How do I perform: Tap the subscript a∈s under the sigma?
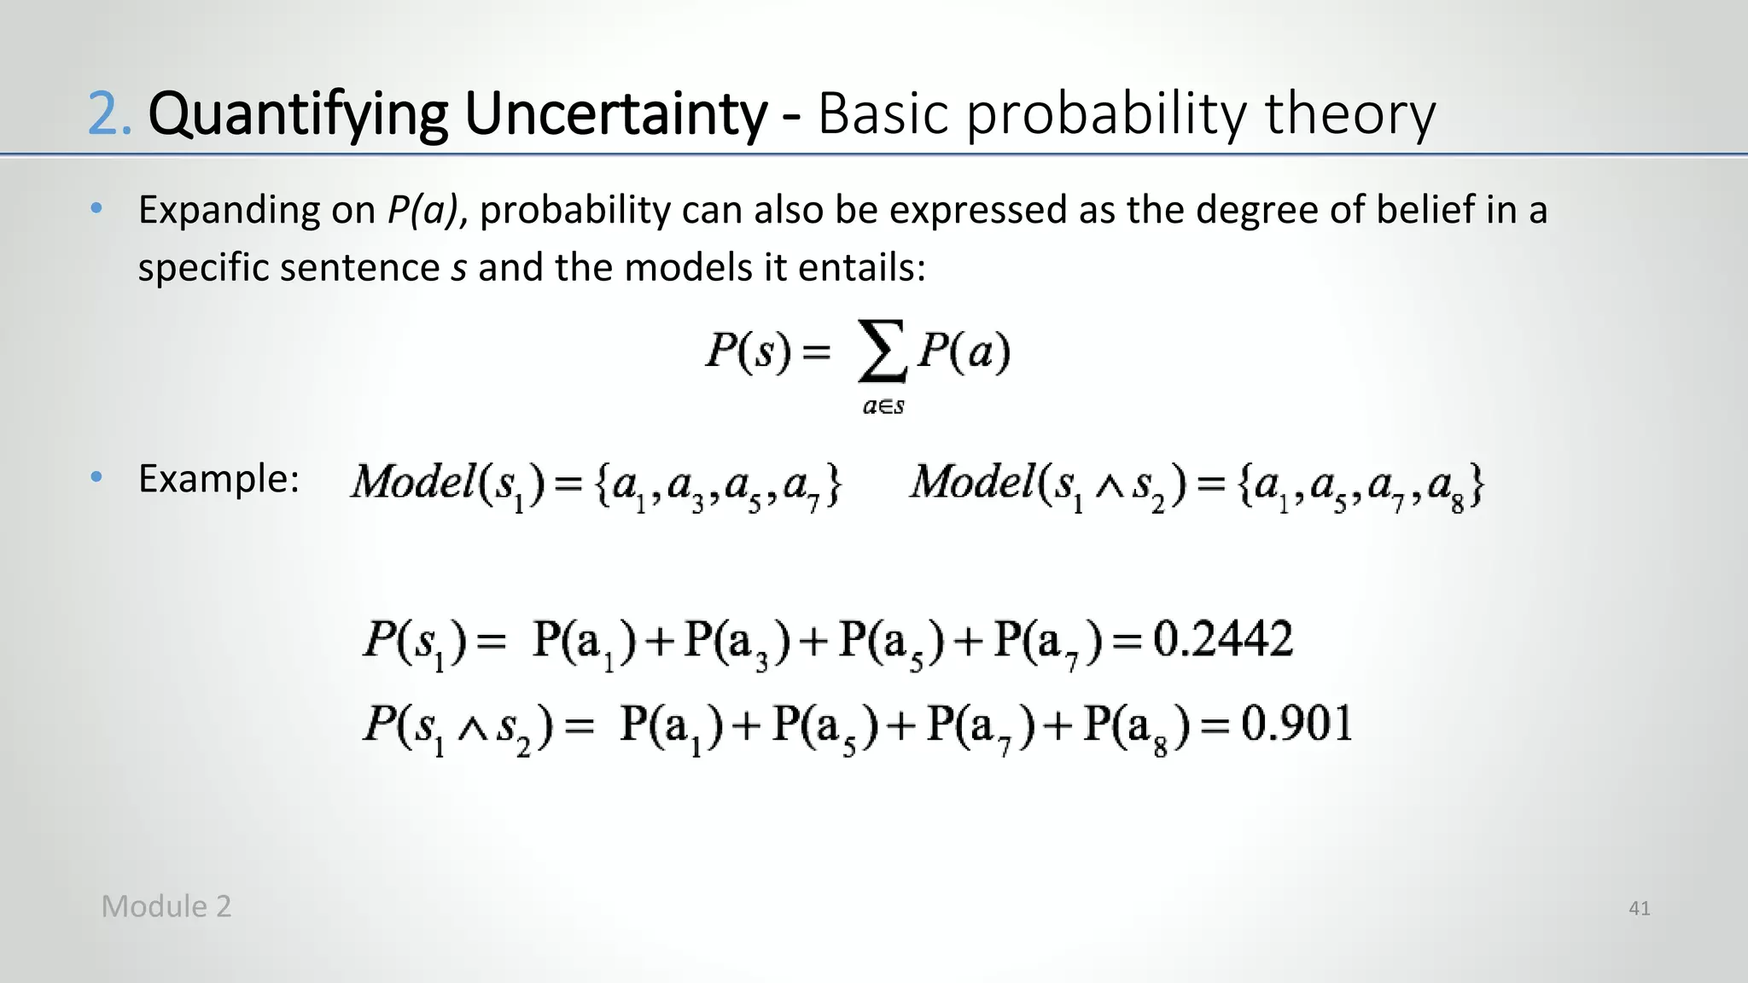883,407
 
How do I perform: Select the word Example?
218,479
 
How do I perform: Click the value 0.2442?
1222,639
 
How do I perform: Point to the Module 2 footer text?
166,906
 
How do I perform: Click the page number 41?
1639,909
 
